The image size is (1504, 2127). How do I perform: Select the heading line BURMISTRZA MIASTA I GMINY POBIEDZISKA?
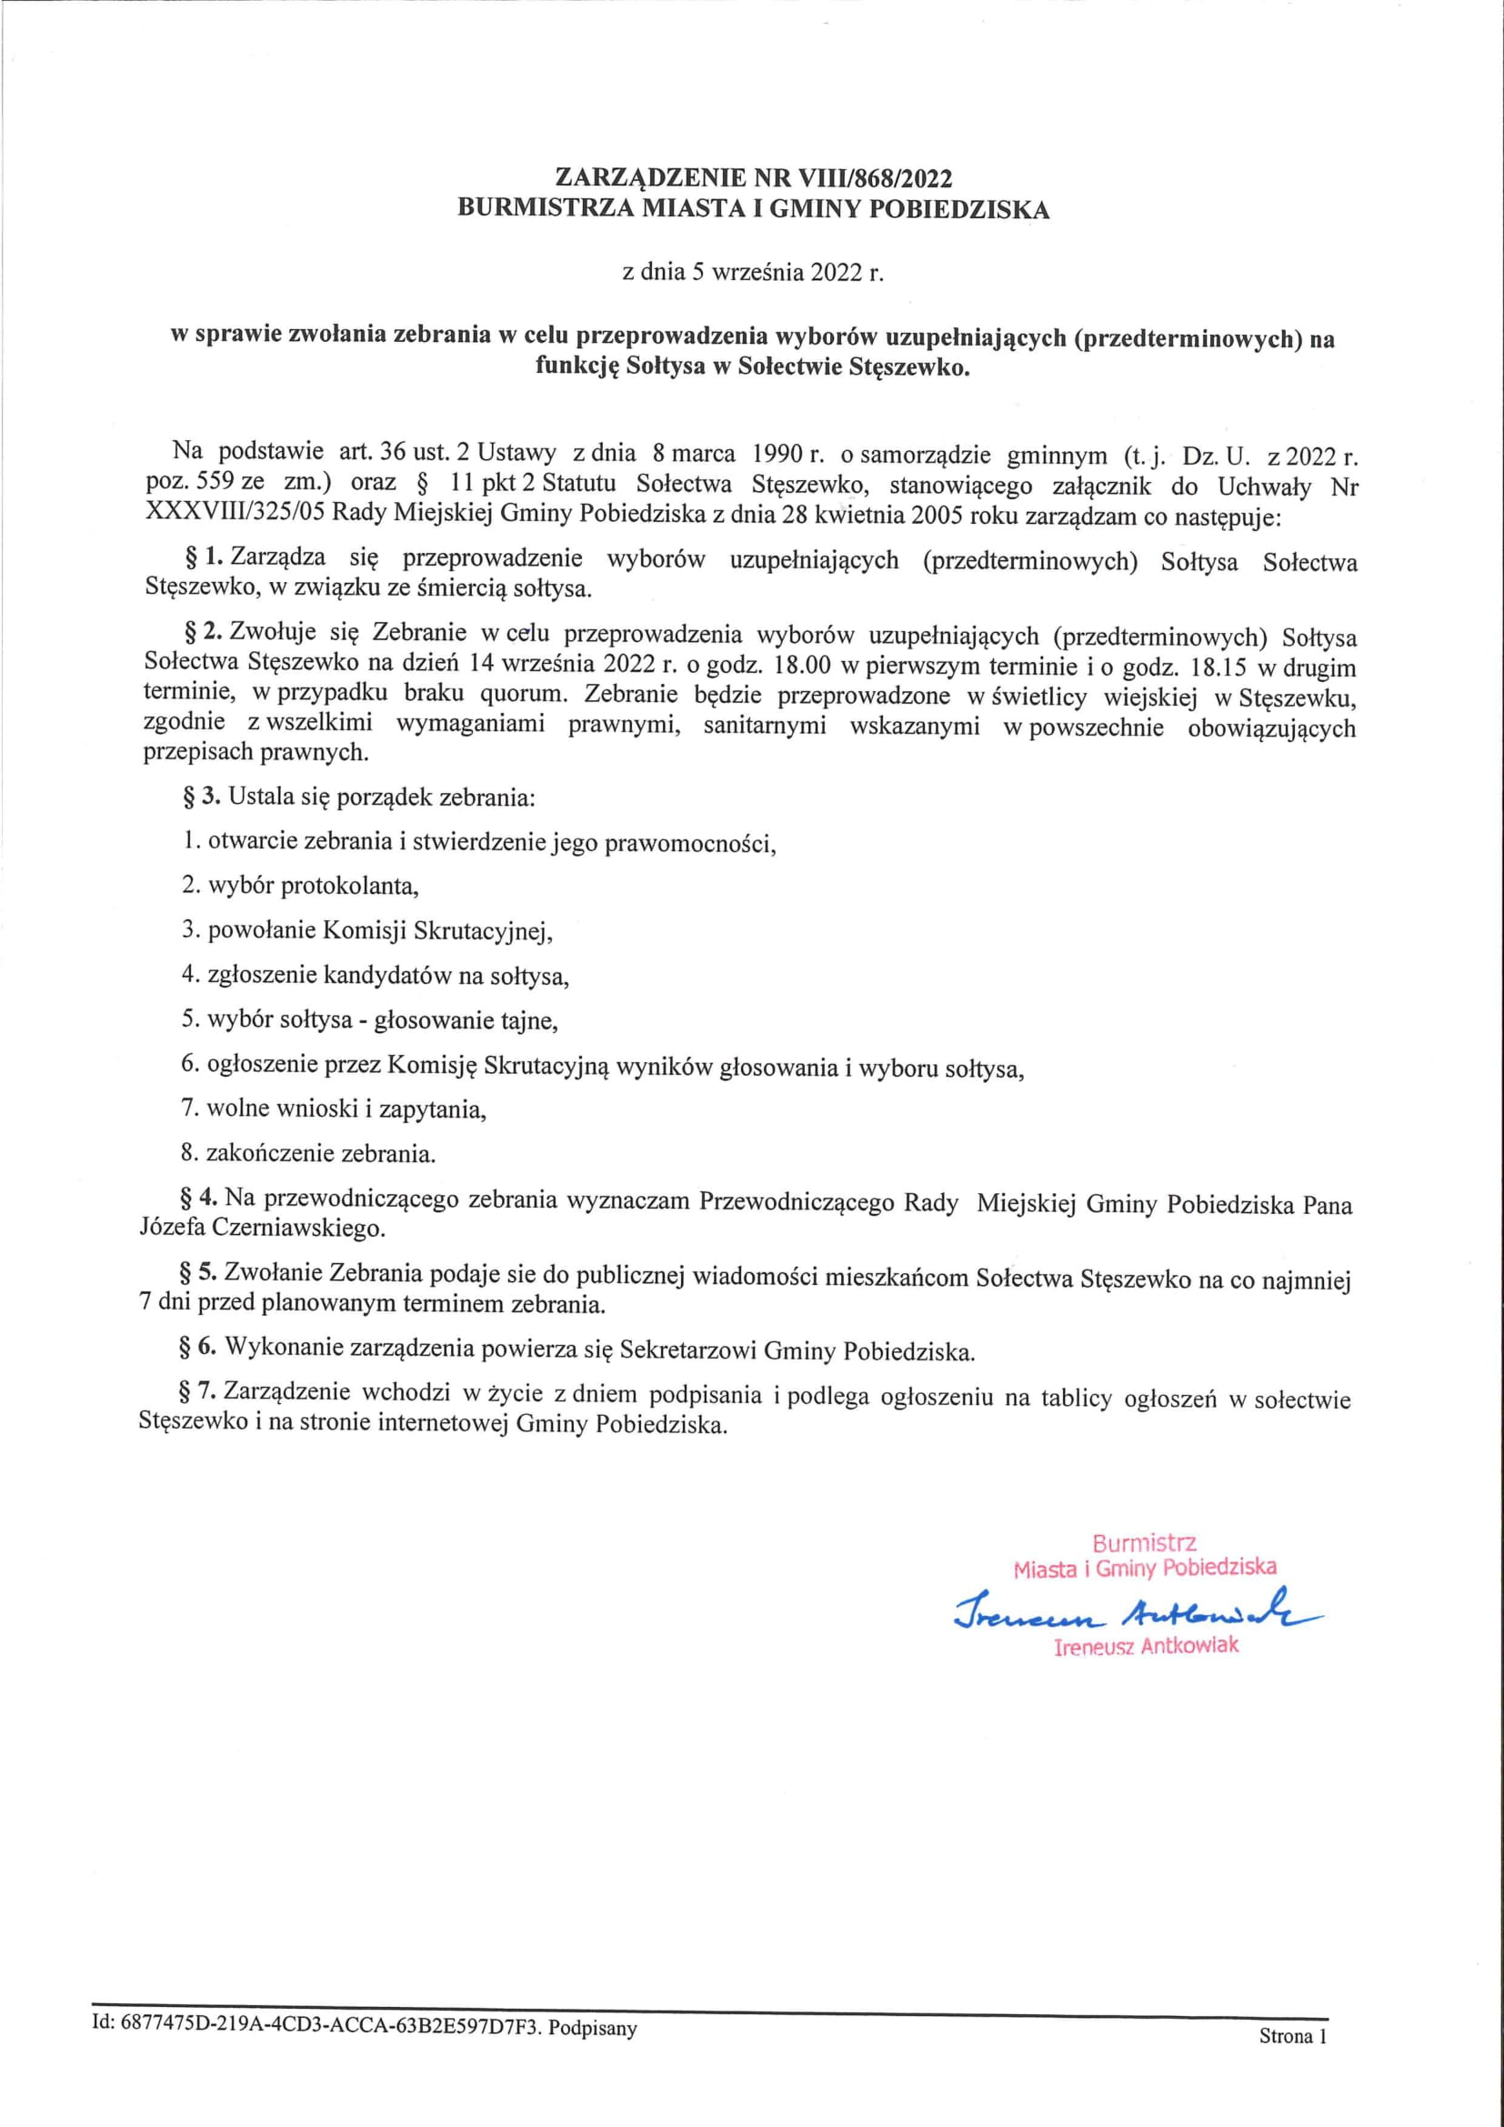tap(753, 209)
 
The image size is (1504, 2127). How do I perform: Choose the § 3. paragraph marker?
tap(201, 796)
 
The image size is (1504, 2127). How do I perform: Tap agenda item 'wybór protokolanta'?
tap(300, 886)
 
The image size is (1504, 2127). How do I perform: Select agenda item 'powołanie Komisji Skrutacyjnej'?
tap(366, 930)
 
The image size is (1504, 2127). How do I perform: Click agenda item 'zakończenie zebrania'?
tap(308, 1154)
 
